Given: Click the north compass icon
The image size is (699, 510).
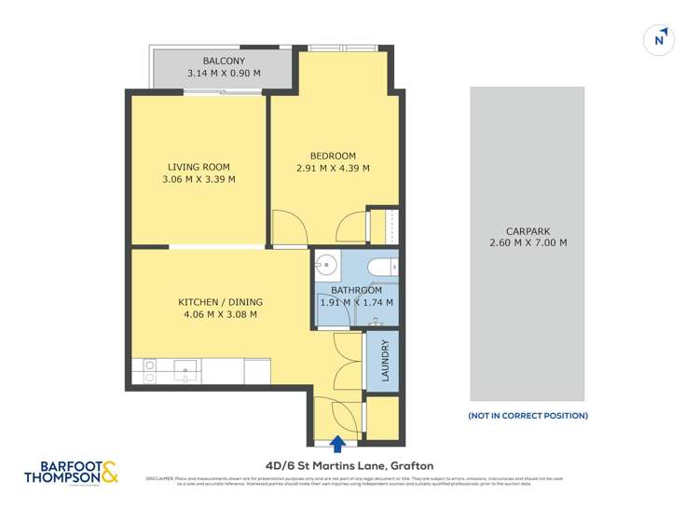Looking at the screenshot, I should [x=659, y=39].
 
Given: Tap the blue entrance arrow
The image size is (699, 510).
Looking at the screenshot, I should [x=337, y=444].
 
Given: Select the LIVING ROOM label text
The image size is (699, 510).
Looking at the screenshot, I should [x=199, y=167].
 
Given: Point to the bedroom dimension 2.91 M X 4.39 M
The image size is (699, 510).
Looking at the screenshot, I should [x=333, y=169].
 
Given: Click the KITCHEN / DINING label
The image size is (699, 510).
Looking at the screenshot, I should [x=220, y=302].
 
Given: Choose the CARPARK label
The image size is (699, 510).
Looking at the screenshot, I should [x=528, y=230].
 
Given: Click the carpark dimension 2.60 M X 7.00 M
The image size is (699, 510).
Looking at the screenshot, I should [x=528, y=243].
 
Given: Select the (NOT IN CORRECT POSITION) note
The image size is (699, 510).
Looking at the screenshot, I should [x=528, y=416].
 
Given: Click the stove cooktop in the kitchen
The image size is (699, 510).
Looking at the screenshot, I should [x=149, y=371].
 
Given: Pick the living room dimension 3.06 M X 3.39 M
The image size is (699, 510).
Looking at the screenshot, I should [x=199, y=180].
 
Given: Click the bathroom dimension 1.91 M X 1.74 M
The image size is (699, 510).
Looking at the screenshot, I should [x=356, y=302].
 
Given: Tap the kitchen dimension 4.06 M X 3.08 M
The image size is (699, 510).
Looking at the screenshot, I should [x=220, y=315].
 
